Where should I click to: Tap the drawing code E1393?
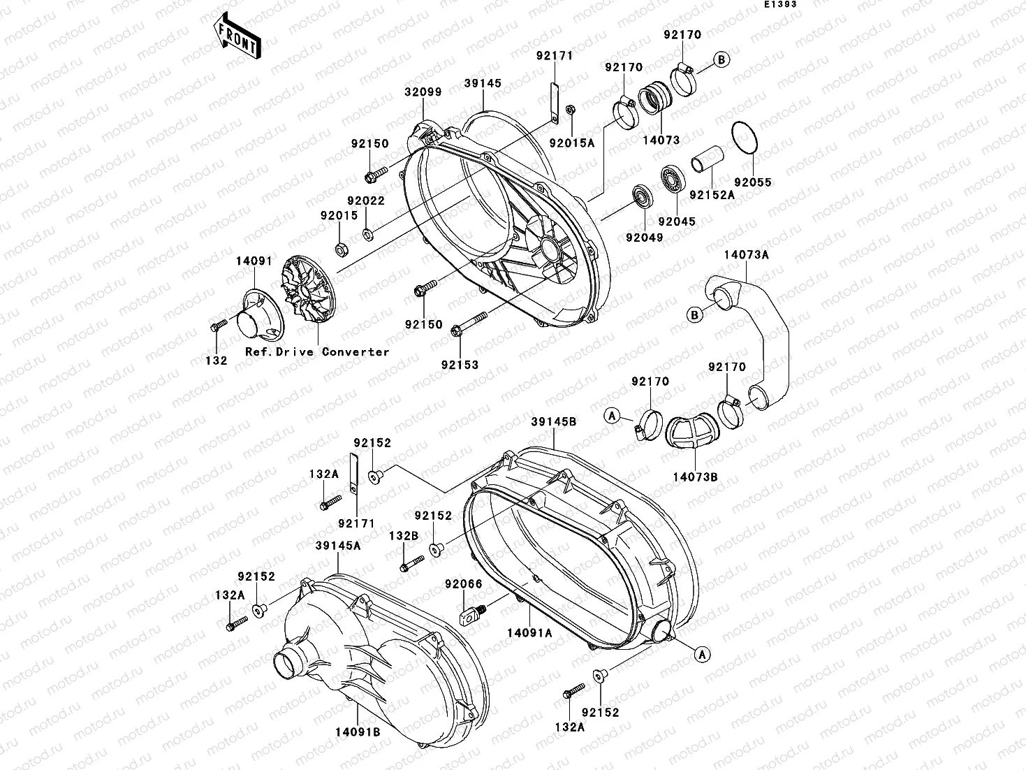[x=779, y=4]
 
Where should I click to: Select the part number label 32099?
[x=423, y=92]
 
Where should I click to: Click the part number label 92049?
[x=644, y=238]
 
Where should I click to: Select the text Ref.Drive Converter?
[x=317, y=352]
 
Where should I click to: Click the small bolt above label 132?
[x=217, y=326]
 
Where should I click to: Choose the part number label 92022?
[x=367, y=201]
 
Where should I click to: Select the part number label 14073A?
[x=746, y=255]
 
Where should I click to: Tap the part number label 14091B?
[x=356, y=732]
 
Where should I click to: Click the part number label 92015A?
[x=571, y=143]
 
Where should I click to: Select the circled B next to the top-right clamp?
[x=721, y=59]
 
